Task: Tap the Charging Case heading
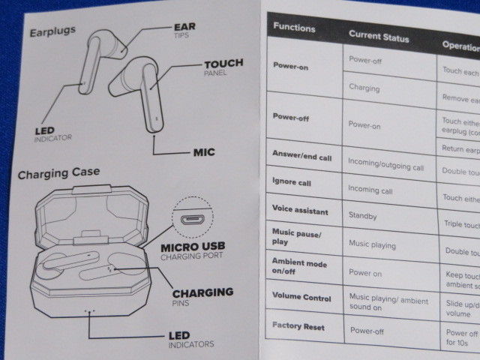point(58,174)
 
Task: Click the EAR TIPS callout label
point(184,30)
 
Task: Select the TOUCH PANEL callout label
point(223,67)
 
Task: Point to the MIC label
point(203,152)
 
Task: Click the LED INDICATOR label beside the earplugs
point(52,134)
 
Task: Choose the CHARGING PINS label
point(202,296)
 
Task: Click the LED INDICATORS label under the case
point(179,340)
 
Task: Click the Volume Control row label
point(301,298)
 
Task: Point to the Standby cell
point(363,216)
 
